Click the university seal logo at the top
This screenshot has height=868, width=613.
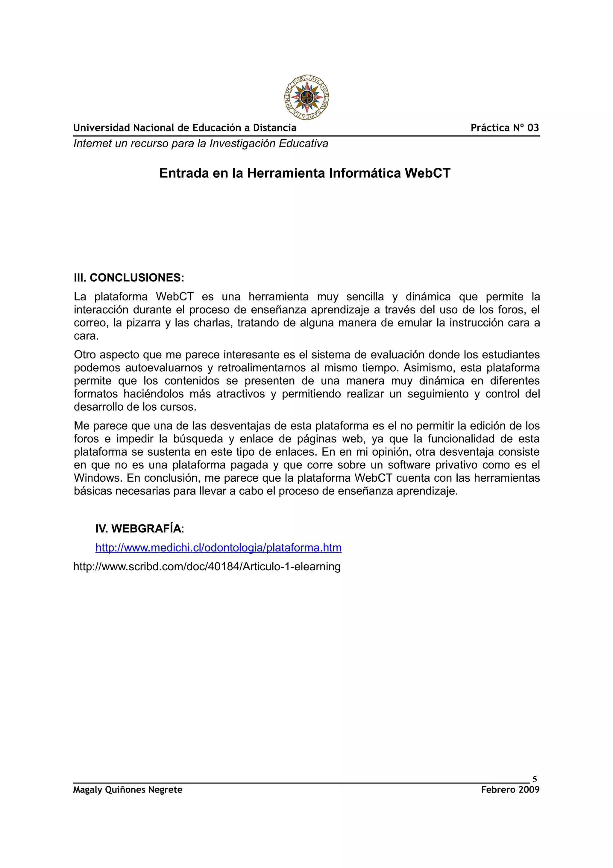[306, 97]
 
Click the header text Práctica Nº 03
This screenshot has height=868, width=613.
[505, 128]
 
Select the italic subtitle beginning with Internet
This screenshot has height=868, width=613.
[201, 144]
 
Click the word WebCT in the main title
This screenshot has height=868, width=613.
[427, 173]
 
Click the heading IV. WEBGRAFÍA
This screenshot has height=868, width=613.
[138, 529]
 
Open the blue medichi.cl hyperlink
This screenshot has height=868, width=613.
[218, 548]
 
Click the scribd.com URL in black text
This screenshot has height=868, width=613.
[207, 566]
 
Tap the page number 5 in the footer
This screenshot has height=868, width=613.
[535, 779]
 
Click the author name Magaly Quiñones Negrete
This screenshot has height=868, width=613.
[128, 790]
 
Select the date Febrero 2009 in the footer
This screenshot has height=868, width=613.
[510, 790]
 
